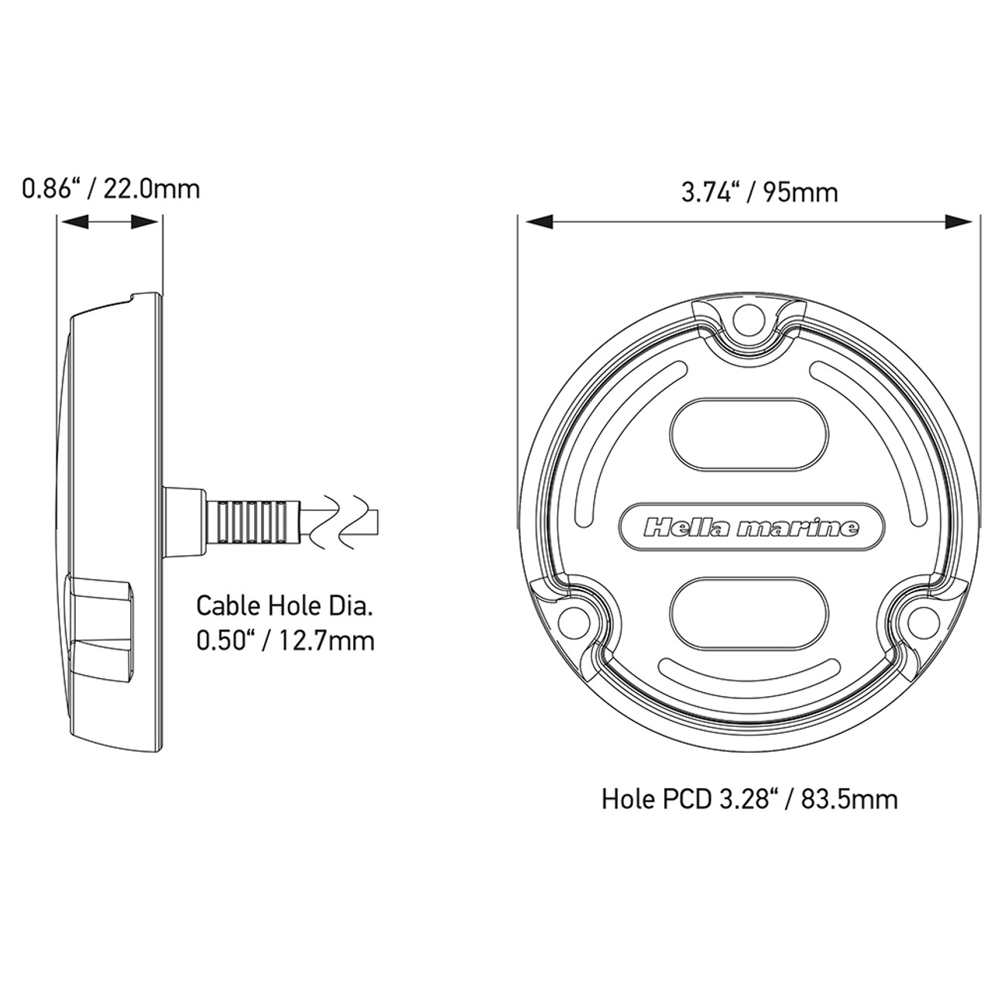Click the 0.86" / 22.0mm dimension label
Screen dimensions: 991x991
[111, 188]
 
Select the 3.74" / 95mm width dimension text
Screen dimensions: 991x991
[760, 191]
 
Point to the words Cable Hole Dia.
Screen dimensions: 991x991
[284, 605]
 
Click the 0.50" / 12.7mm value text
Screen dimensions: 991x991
[284, 640]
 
